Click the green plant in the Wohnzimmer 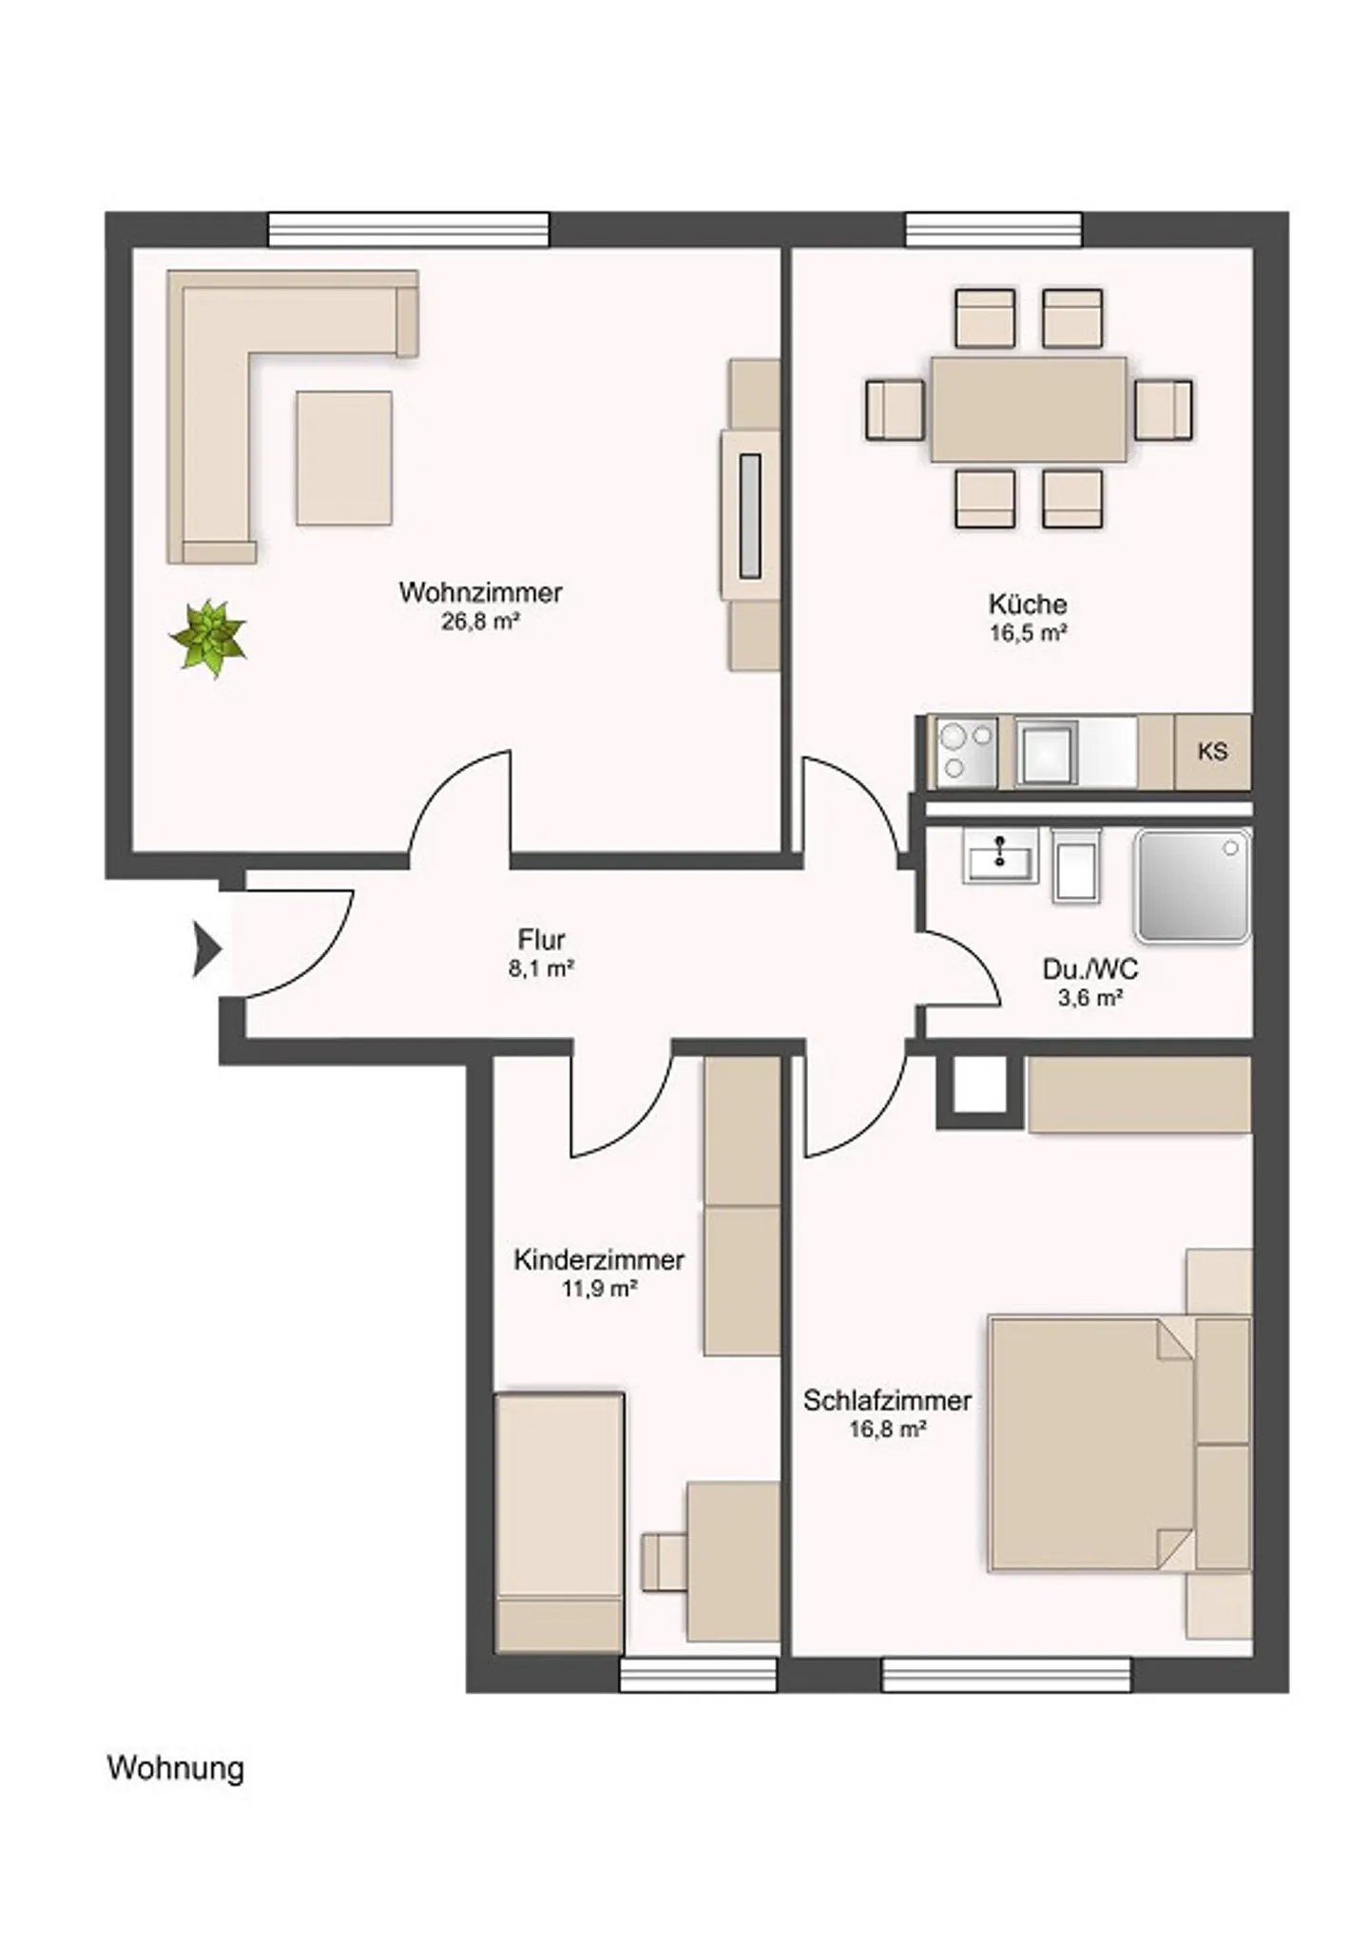click(x=208, y=638)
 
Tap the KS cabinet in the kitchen click(x=1212, y=751)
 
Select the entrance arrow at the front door click(x=207, y=949)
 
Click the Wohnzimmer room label click(x=480, y=592)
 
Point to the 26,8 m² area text click(x=480, y=622)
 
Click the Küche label click(x=1028, y=604)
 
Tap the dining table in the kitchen click(x=1028, y=410)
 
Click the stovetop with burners click(x=966, y=752)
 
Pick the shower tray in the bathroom click(x=1193, y=886)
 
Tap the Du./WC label click(x=1089, y=969)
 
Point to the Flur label click(x=541, y=939)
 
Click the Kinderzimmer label click(x=599, y=1259)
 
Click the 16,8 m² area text click(x=887, y=1429)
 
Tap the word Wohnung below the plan click(x=176, y=1768)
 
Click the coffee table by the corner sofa click(x=344, y=458)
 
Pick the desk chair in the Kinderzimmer click(x=665, y=1560)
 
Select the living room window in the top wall click(x=409, y=229)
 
